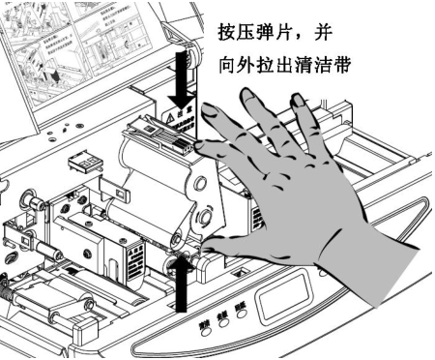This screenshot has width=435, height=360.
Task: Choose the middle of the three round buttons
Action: [223, 326]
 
